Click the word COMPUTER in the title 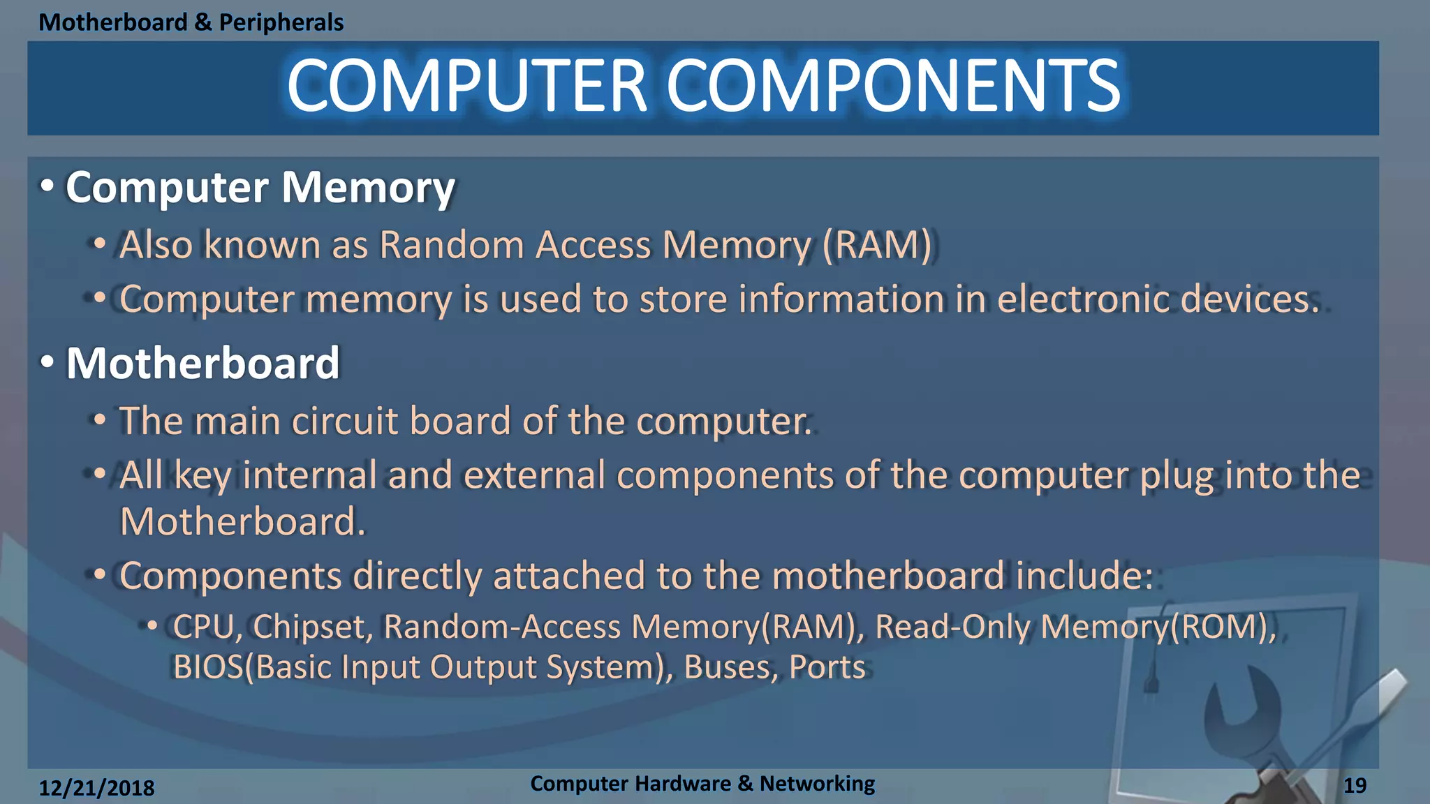point(466,86)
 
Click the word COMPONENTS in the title point(894,86)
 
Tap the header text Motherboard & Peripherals point(191,22)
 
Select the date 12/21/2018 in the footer point(96,788)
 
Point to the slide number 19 point(1355,786)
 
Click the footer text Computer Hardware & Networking point(702,784)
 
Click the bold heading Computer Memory point(260,188)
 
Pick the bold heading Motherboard point(202,364)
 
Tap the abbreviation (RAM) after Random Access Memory point(877,245)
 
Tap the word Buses point(730,667)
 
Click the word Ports point(827,667)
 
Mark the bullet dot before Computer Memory point(47,186)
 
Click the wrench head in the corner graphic point(1241,705)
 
